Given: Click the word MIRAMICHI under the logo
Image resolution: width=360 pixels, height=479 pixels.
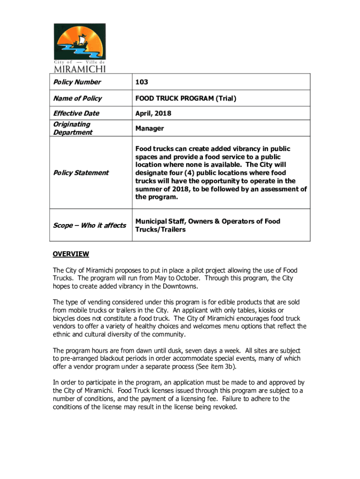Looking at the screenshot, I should pos(79,69).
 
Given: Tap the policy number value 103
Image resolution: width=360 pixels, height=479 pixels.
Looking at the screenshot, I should pos(142,82).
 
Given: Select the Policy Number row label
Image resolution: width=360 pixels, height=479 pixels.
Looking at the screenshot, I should pos(77,82).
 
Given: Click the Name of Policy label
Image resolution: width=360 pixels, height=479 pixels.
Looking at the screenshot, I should pos(77,98).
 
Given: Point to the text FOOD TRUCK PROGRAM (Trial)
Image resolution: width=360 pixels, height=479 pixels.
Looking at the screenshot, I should pos(186,98).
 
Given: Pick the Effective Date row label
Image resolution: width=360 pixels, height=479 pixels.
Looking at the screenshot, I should pos(76,113).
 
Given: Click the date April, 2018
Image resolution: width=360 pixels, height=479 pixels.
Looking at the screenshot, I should pos(153,113).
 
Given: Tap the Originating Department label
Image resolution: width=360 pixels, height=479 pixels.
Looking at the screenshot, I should pos(72,128).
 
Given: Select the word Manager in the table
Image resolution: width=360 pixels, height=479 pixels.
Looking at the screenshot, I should pos(150,128).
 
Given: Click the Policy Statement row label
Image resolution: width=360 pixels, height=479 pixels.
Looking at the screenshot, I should pos(80,173).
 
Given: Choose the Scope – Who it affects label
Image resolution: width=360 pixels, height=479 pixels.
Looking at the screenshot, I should pos(89,225).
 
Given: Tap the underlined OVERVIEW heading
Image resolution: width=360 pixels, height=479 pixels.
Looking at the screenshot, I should pos(71,254).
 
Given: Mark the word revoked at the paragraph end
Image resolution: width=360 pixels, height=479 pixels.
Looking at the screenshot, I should pos(224,406).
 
